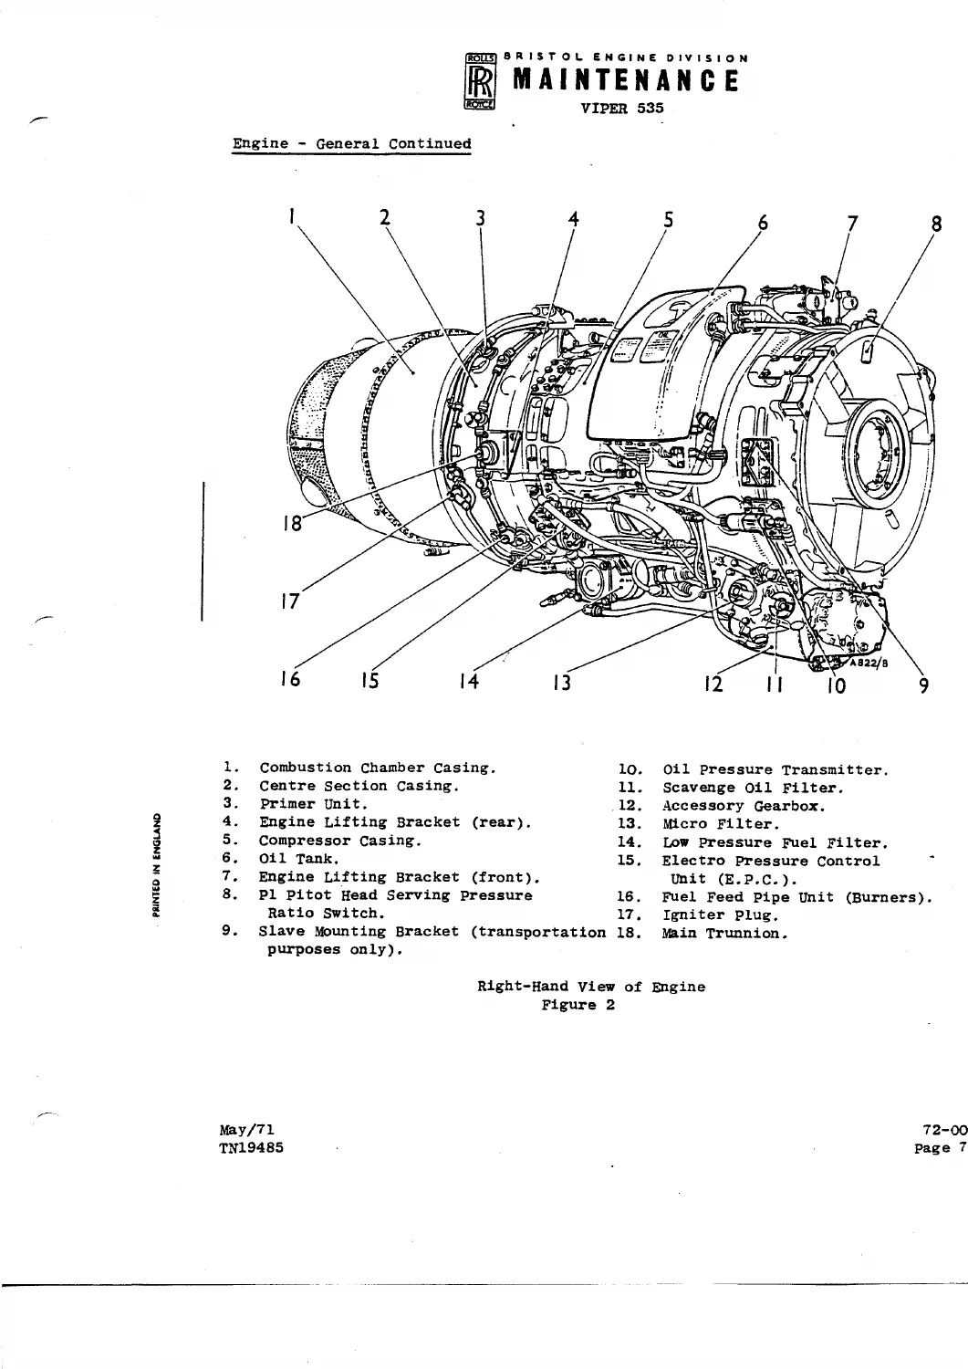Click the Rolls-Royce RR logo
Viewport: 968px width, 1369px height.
coord(480,81)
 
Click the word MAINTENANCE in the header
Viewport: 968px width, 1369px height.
coord(626,80)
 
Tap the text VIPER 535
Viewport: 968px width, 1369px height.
coord(622,109)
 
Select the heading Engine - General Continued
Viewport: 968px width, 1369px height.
coord(351,144)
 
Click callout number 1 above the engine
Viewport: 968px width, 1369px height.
coord(292,216)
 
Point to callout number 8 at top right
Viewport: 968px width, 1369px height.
coord(935,225)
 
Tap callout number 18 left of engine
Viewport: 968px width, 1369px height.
coord(293,523)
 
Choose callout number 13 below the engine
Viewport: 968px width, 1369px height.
coord(562,682)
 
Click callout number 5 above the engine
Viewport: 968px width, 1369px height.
coord(668,220)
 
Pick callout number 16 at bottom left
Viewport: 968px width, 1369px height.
coord(291,679)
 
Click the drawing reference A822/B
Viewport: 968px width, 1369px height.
coord(869,664)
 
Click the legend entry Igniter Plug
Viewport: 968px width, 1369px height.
coord(721,915)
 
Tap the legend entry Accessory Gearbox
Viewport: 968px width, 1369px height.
coord(744,806)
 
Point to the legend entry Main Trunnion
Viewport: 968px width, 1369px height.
coord(724,934)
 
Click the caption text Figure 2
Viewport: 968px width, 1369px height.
coord(578,1005)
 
